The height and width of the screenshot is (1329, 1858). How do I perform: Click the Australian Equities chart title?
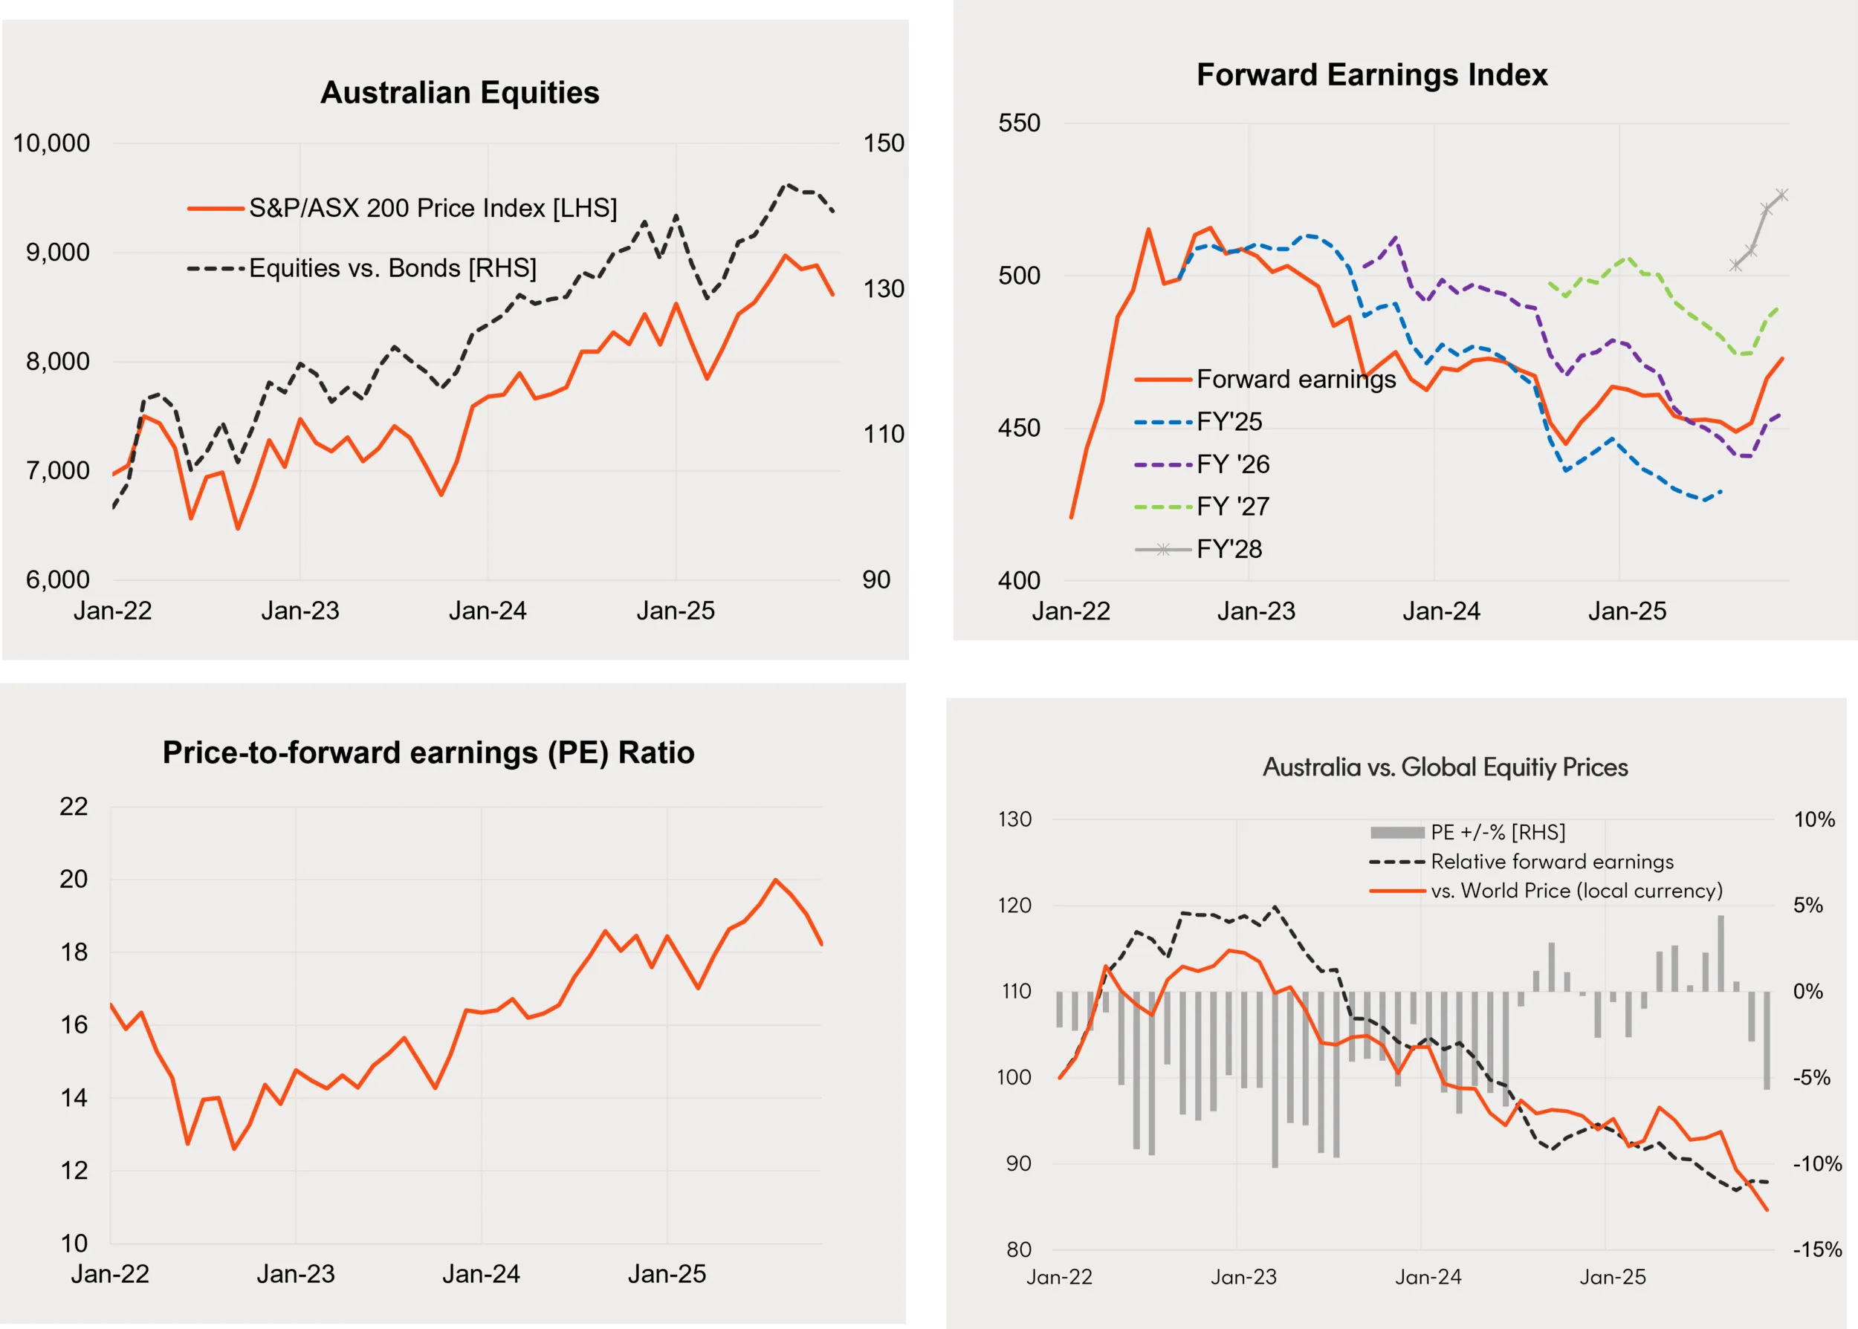click(x=459, y=92)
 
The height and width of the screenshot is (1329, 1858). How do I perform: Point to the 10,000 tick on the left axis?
click(x=51, y=143)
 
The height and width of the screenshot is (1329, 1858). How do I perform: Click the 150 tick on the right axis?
click(x=883, y=143)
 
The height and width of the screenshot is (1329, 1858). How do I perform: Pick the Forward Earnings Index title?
click(x=1372, y=74)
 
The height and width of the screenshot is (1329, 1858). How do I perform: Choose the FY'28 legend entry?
click(x=1229, y=549)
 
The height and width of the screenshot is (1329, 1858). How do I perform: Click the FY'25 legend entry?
click(x=1229, y=421)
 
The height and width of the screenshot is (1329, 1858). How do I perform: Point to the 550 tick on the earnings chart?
click(x=1019, y=123)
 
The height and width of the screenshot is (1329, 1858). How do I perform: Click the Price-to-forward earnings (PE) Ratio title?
click(x=428, y=752)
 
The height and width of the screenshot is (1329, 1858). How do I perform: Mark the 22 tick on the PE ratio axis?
click(x=74, y=807)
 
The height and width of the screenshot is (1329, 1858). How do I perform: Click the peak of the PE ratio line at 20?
click(x=775, y=880)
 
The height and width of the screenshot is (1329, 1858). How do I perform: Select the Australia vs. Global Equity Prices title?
click(x=1445, y=767)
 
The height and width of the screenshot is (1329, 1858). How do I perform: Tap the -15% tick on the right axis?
click(x=1816, y=1250)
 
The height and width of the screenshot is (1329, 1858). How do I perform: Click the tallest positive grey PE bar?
click(x=1721, y=953)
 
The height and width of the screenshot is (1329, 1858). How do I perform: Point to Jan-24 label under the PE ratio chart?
click(x=482, y=1274)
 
